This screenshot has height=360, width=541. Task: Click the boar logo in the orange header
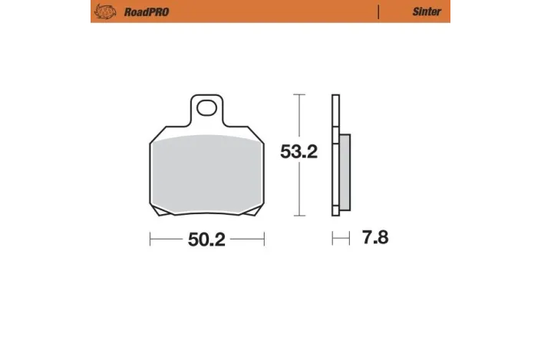click(x=103, y=12)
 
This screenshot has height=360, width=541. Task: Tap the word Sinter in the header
click(x=426, y=12)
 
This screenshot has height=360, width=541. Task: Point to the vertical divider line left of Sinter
click(x=378, y=12)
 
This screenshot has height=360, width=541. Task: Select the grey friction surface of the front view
click(x=206, y=173)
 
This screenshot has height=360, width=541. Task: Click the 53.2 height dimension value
click(x=299, y=152)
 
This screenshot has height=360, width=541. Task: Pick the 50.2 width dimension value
click(x=206, y=239)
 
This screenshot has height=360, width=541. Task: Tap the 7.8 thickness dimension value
click(x=374, y=238)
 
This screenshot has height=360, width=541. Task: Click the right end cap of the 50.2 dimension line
click(x=264, y=239)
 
